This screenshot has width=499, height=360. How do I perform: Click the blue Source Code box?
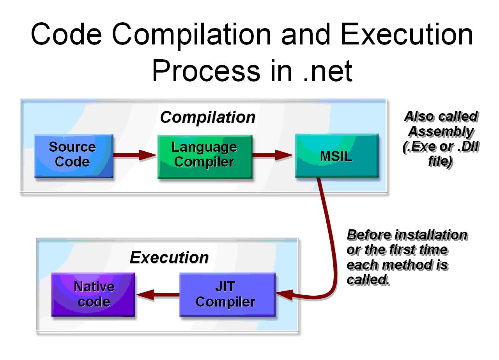coord(74,156)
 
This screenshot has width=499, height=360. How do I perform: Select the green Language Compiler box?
coord(205,156)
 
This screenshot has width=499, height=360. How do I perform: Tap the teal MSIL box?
coord(336,156)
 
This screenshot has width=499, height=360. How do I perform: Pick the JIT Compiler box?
coord(227,295)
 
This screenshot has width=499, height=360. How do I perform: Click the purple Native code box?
coord(93,295)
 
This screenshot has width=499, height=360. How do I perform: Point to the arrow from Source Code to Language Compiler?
coord(134,155)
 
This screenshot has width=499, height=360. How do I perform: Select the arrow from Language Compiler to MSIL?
coord(273,155)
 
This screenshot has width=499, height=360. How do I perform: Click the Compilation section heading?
coord(207,117)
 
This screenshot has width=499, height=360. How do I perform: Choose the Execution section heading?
coord(169,258)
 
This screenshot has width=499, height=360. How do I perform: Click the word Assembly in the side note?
coord(441,132)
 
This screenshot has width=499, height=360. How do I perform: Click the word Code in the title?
coord(66,34)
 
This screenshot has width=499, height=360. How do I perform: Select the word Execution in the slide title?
coord(407,34)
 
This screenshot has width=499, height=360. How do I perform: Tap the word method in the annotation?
coord(407,265)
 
